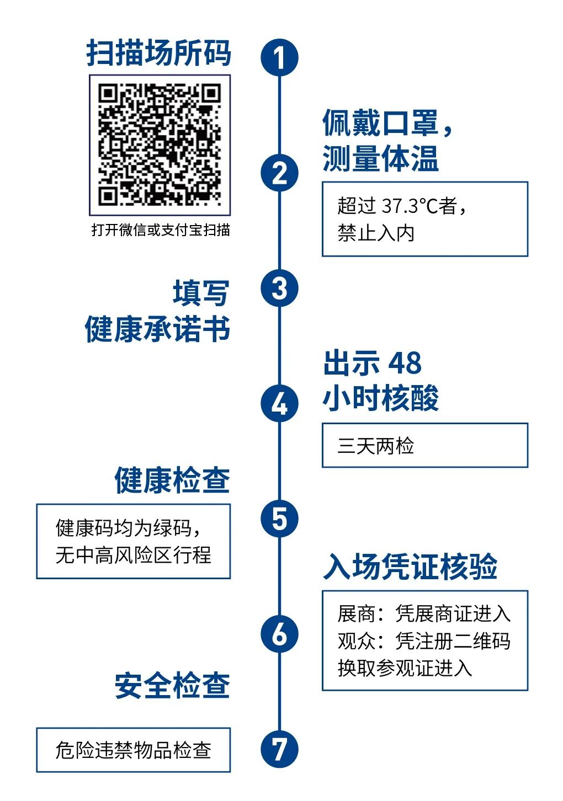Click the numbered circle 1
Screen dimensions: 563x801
point(279,57)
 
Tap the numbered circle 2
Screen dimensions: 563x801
point(279,173)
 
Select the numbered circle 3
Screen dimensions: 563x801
point(279,288)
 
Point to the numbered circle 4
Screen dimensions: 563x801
point(279,403)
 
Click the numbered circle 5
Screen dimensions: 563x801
point(279,519)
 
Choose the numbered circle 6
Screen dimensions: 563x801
point(279,634)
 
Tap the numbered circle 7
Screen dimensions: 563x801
point(279,749)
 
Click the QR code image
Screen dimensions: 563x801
point(160,145)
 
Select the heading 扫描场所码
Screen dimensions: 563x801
point(158,54)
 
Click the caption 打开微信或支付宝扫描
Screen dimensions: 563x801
point(160,229)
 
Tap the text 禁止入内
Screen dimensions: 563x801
point(376,233)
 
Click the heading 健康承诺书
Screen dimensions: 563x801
point(157,329)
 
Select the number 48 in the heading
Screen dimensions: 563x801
point(405,363)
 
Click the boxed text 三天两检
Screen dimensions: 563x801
point(376,446)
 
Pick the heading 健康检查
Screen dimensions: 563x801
point(172,480)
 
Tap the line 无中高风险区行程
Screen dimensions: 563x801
point(133,555)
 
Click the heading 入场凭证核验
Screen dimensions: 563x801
point(410,567)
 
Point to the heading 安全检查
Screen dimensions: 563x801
point(172,686)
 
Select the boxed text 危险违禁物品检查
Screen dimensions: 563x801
point(133,750)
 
